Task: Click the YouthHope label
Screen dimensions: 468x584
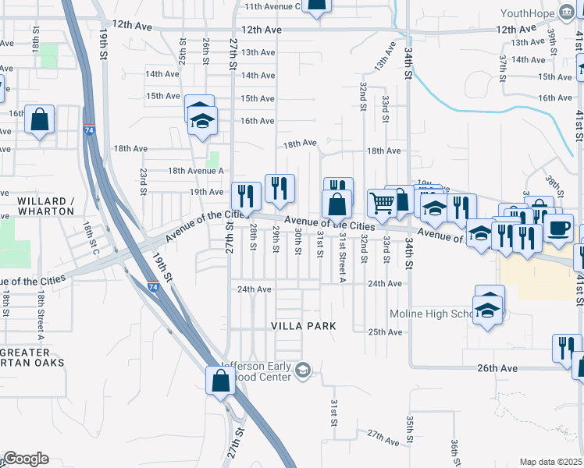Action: [527, 13]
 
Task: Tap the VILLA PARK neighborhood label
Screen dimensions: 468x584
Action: [304, 325]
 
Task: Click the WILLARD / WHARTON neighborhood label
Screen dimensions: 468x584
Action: [46, 206]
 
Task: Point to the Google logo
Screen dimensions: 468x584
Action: [25, 459]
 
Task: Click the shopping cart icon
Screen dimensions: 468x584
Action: [382, 204]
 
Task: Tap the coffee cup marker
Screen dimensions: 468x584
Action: [558, 227]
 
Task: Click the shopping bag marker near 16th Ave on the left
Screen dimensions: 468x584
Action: [39, 120]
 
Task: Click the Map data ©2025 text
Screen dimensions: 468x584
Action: [551, 462]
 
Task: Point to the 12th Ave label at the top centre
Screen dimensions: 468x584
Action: [262, 30]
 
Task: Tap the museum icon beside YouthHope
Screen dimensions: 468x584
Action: [567, 13]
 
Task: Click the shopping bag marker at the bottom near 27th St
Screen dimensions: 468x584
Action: [221, 381]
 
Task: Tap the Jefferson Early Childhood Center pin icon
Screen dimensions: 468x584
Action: [304, 369]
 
